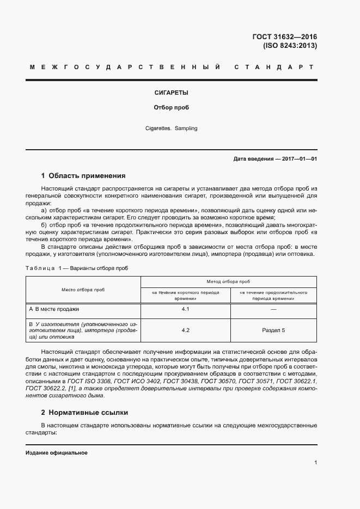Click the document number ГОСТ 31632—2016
[x=284, y=37]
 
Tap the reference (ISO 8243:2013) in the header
[x=290, y=46]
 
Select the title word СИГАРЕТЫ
[x=172, y=93]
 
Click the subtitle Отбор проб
[x=172, y=108]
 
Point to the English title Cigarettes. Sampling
[x=172, y=128]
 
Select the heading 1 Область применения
[x=83, y=176]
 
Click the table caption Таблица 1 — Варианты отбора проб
[x=77, y=268]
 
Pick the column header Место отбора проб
[x=83, y=290]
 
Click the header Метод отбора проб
[x=228, y=281]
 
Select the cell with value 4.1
[x=185, y=309]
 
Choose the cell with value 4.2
[x=185, y=330]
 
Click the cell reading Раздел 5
[x=273, y=330]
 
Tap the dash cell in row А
[x=273, y=309]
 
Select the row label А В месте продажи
[x=54, y=309]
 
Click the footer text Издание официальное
[x=57, y=453]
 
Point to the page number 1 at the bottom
[x=316, y=463]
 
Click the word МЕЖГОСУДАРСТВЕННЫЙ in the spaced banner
[x=125, y=68]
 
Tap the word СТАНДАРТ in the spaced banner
[x=273, y=68]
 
